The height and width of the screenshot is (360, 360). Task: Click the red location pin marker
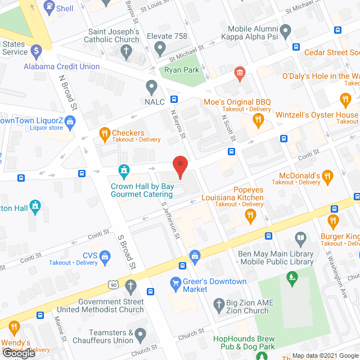(x=179, y=166)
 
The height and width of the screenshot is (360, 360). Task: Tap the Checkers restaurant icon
(x=104, y=133)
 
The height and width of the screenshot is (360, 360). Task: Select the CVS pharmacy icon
(x=104, y=256)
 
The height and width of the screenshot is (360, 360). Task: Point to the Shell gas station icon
(x=49, y=8)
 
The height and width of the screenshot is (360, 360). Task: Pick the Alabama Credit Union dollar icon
(x=37, y=51)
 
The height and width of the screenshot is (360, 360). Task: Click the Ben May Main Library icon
(x=300, y=238)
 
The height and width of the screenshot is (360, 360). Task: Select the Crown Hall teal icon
(x=124, y=169)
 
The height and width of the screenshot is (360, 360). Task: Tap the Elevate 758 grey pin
(x=160, y=50)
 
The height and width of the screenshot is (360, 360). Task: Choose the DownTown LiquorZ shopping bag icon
(x=70, y=120)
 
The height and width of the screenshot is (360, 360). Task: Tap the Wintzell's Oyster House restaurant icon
(x=345, y=101)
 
